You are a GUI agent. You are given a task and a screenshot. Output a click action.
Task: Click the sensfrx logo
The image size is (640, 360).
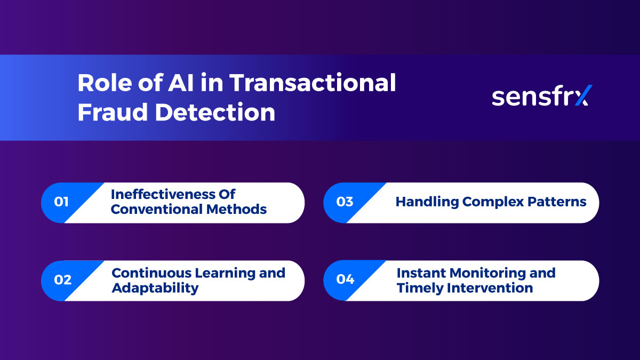(x=540, y=96)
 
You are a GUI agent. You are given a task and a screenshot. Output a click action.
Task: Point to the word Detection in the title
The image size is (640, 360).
(x=215, y=113)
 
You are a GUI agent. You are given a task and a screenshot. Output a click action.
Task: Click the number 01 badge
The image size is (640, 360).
(x=62, y=202)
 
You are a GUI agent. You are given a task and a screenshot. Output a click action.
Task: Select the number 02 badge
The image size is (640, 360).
(x=62, y=280)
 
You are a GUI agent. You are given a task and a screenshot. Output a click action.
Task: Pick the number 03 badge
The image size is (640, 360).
(x=345, y=202)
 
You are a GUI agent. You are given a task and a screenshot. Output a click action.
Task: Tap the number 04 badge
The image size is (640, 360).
(x=345, y=280)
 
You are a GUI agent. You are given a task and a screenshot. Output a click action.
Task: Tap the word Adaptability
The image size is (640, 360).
(x=155, y=289)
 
